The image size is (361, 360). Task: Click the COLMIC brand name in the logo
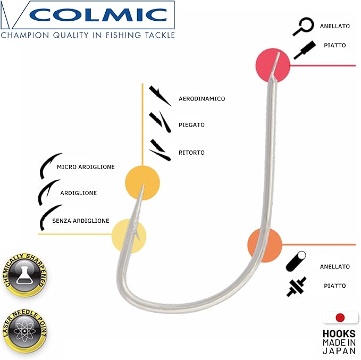coord(98,15)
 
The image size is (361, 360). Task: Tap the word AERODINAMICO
coord(202,99)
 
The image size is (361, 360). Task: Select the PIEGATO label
coord(191,125)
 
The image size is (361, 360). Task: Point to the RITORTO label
coord(191,153)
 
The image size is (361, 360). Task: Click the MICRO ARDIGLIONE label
coord(86,167)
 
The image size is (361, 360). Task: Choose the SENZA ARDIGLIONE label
coord(81,221)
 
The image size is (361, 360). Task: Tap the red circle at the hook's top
coord(273,65)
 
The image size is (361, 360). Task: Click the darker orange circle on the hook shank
coord(265,245)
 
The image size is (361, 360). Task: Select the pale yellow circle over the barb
coord(129,236)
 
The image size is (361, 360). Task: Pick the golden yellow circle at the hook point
coord(142,182)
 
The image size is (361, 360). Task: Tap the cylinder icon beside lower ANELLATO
coord(296,261)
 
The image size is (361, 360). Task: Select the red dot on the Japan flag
coord(340,317)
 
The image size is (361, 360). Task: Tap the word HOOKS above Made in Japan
coord(339,334)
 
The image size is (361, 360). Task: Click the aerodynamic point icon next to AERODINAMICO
coord(160,96)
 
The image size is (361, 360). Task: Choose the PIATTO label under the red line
coord(335,286)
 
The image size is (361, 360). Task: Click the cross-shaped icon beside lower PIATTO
coord(296,287)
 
